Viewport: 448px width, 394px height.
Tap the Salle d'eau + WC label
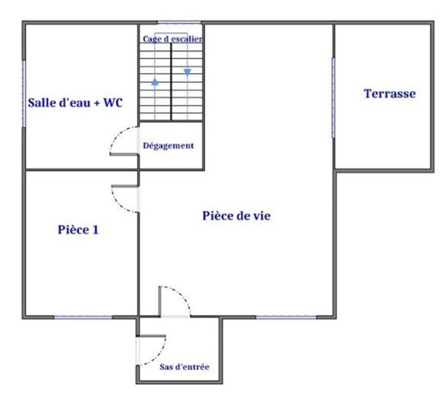(76, 103)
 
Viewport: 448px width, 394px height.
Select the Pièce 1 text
(78, 229)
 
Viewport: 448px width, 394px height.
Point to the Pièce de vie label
(236, 216)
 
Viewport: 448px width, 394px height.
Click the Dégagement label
(169, 146)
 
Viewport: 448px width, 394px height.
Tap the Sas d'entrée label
(184, 367)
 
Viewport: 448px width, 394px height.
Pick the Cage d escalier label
(172, 39)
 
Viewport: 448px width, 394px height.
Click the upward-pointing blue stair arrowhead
(155, 82)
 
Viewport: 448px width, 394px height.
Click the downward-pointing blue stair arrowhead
(187, 71)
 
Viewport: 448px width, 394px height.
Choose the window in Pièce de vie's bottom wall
(286, 317)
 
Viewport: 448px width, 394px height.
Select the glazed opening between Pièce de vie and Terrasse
(334, 96)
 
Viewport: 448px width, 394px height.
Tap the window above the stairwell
(171, 22)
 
